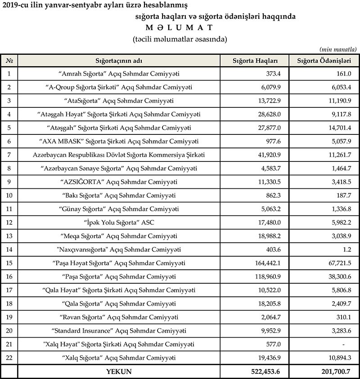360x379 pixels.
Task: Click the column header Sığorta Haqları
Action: [x=255, y=61]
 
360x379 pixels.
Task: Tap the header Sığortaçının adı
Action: [x=119, y=61]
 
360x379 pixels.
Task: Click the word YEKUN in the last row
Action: [x=119, y=372]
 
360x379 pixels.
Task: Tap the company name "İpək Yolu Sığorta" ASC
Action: [x=119, y=223]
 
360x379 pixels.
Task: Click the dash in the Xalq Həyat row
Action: [x=343, y=345]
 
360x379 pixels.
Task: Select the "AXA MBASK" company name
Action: [x=119, y=141]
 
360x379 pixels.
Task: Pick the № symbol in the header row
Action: [x=9, y=61]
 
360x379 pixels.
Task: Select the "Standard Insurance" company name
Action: [x=119, y=331]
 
